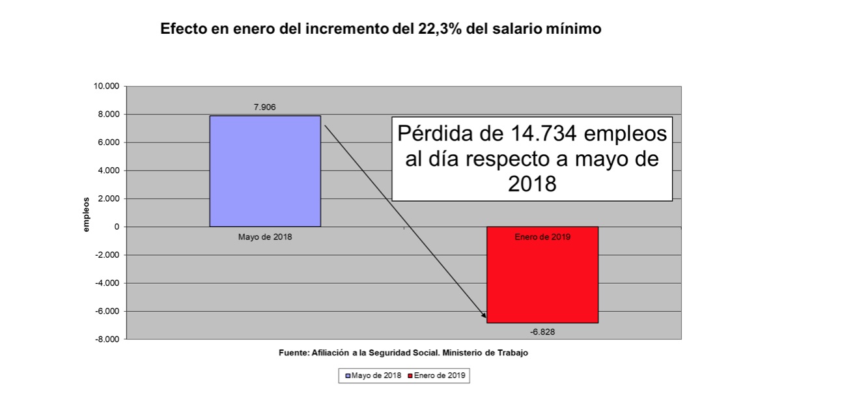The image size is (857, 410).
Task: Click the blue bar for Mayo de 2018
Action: click(265, 171)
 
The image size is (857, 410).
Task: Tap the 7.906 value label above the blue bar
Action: click(265, 107)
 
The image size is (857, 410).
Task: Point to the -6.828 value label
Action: click(542, 331)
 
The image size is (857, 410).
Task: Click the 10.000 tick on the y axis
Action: click(107, 87)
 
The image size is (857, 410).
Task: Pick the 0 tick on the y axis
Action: click(117, 227)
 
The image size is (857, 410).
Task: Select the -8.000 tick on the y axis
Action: click(107, 339)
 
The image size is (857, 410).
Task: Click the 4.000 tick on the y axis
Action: click(109, 171)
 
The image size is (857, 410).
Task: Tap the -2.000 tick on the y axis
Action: click(107, 255)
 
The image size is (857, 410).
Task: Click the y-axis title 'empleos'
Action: click(85, 213)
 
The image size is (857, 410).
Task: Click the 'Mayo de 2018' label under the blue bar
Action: click(265, 237)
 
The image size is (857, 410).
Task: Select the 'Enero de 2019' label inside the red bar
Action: click(542, 237)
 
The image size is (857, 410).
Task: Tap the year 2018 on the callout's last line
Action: click(532, 184)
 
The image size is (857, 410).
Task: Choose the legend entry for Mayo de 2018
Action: click(372, 376)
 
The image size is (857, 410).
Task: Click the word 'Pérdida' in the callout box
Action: click(436, 134)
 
